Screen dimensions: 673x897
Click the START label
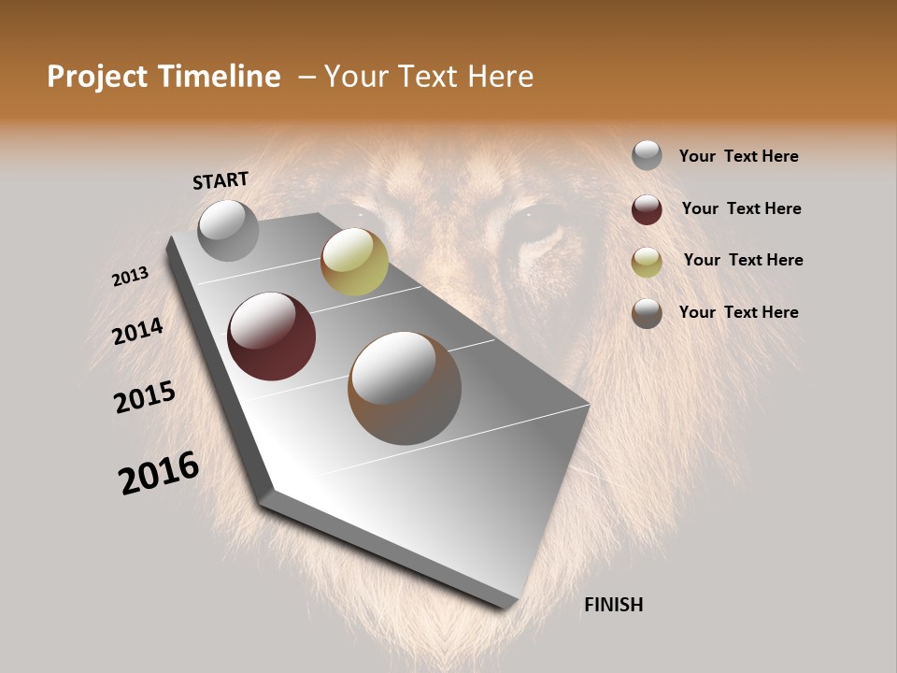tap(221, 180)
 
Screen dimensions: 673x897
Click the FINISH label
tap(613, 605)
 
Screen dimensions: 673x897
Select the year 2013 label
tap(130, 277)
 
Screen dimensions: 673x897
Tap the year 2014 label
tap(138, 332)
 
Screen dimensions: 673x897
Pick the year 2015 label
tap(145, 397)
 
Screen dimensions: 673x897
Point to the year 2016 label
tap(159, 473)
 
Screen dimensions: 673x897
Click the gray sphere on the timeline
tap(229, 230)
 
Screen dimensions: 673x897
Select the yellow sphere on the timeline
tap(354, 262)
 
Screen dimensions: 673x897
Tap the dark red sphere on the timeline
tap(272, 336)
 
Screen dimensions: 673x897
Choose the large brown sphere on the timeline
tap(405, 388)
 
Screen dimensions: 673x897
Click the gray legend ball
tap(647, 155)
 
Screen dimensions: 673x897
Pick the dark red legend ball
tap(647, 209)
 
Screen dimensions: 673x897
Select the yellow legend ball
tap(647, 262)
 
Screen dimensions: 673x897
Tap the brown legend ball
tap(647, 313)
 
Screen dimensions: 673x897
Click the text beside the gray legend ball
tap(738, 157)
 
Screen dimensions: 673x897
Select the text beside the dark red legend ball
tap(741, 208)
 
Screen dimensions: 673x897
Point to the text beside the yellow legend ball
tap(743, 260)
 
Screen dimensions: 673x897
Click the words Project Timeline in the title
tap(164, 77)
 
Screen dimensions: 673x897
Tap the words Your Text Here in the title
tap(428, 77)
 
